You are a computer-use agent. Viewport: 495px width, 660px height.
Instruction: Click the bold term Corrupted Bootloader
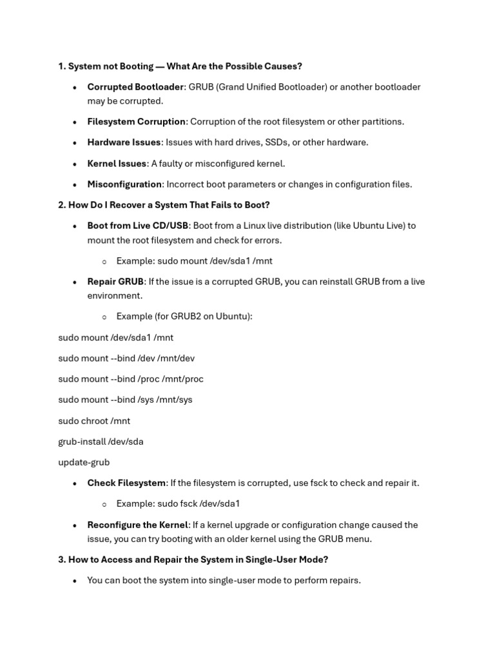coord(135,87)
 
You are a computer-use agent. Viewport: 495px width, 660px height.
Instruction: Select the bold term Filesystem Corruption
coord(137,122)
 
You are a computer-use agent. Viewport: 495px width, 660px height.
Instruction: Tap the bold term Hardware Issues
coord(124,142)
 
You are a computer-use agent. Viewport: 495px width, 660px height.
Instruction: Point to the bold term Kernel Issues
coord(117,164)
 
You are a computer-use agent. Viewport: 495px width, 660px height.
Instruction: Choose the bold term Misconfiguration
coord(124,184)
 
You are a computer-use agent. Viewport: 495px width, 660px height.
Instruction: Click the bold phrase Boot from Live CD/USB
coord(138,226)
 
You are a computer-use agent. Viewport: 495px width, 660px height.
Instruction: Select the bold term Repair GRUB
coord(115,282)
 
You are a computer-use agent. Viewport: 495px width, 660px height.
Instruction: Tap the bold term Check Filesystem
coord(126,483)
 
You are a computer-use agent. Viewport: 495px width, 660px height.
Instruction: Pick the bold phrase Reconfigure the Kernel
coord(137,525)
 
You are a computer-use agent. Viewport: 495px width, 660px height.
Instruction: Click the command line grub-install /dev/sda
coord(101,442)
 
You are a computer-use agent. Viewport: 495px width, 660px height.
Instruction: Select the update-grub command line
coord(84,462)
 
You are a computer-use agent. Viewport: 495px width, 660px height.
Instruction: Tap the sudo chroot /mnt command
coord(94,421)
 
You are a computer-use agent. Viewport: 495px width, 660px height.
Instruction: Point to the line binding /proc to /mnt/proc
coord(131,379)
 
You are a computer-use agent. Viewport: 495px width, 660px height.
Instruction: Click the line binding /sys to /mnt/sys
coord(125,400)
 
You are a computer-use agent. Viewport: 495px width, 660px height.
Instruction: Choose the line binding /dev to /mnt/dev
coord(126,358)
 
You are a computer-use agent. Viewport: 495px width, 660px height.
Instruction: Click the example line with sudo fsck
coord(178,503)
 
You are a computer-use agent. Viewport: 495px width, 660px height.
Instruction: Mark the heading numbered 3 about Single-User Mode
coord(193,559)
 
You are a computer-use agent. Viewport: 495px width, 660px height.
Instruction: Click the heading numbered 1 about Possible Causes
coord(180,66)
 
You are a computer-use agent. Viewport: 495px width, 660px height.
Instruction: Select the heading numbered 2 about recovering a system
coord(164,205)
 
